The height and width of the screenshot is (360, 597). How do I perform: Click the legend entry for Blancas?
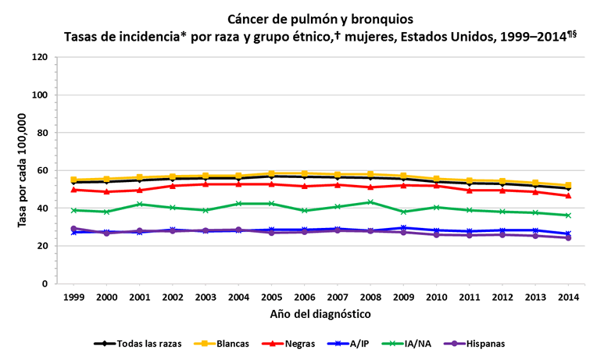pyautogui.click(x=227, y=343)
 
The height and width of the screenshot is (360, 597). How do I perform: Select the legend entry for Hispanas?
pyautogui.click(x=484, y=343)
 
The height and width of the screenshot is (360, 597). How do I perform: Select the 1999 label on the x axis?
pyautogui.click(x=74, y=298)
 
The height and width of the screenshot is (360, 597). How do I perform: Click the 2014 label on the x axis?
pyautogui.click(x=568, y=298)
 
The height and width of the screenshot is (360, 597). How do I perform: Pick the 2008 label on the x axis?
pyautogui.click(x=370, y=298)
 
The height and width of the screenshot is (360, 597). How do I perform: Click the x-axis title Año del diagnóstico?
pyautogui.click(x=321, y=314)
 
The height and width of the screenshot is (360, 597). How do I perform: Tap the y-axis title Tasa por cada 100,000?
pyautogui.click(x=23, y=170)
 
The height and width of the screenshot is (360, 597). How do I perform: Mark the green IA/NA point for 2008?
pyautogui.click(x=370, y=202)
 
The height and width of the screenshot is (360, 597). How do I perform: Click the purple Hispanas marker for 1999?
pyautogui.click(x=74, y=229)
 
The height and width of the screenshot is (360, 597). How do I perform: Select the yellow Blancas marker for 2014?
pyautogui.click(x=568, y=186)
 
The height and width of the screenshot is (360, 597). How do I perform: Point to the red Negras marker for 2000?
pyautogui.click(x=107, y=191)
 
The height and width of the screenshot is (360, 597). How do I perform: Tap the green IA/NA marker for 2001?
pyautogui.click(x=140, y=205)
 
